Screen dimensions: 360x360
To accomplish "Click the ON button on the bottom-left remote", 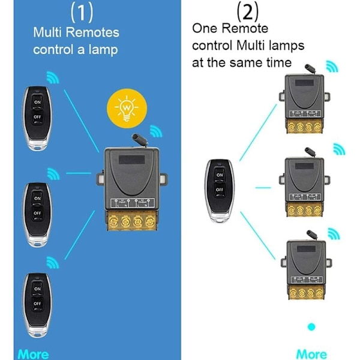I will tap(38, 289).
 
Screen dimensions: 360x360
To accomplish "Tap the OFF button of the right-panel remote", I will tap(220, 190).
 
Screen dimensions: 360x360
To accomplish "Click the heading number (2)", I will tap(249, 11).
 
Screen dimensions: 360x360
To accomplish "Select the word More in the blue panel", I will tap(33, 354).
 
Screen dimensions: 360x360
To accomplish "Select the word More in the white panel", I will tap(312, 354).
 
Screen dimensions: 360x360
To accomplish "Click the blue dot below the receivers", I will tap(311, 328).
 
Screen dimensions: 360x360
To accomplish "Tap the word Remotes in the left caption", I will tap(93, 32).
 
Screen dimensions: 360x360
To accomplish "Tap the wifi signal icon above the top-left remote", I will tap(53, 77).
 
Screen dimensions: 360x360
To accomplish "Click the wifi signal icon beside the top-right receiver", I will tap(332, 65).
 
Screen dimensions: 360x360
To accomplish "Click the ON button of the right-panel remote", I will tap(220, 175).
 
